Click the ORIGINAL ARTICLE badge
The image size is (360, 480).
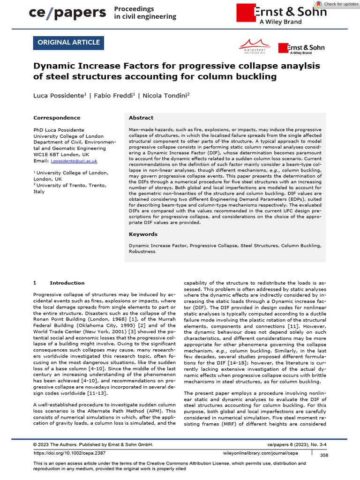pos(68,43)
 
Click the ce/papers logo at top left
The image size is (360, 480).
pos(67,13)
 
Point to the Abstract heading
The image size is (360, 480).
pos(141,118)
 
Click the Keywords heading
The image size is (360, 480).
pos(143,234)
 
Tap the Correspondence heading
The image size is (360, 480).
pos(57,118)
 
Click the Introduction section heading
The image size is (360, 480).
pos(67,283)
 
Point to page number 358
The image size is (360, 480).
pos(324,455)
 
